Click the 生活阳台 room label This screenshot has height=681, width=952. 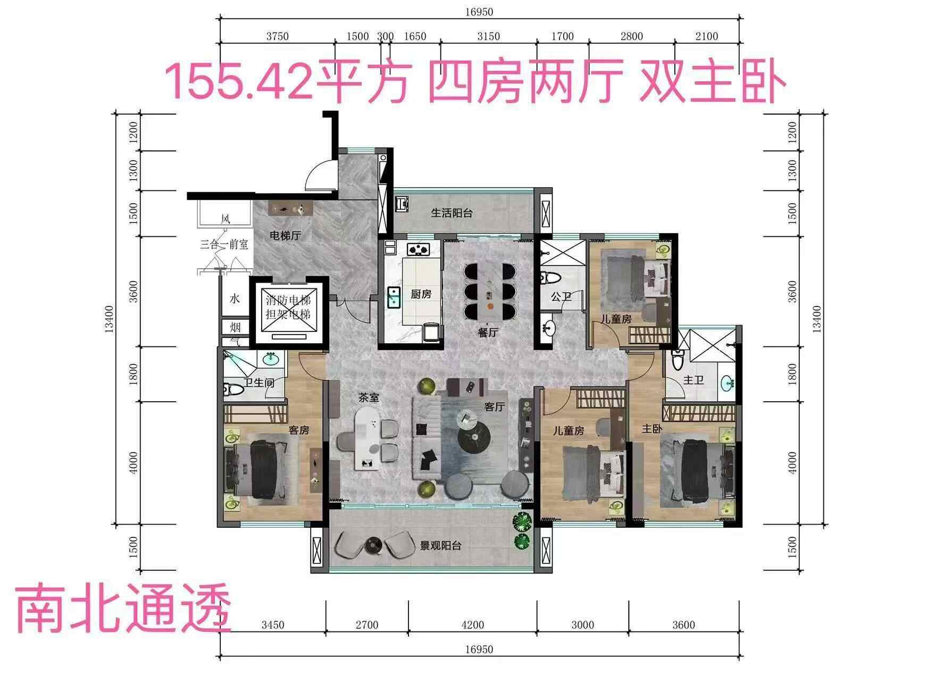point(452,213)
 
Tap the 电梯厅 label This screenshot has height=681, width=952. point(285,235)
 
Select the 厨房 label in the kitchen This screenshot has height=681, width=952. point(421,294)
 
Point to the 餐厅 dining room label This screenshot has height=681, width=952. point(488,333)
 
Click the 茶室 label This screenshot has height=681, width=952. point(369,397)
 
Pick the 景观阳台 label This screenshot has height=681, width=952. point(441,545)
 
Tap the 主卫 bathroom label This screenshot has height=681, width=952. point(694,380)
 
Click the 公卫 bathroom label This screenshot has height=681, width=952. point(561,296)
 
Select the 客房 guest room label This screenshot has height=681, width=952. point(298,430)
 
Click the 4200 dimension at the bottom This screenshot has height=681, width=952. point(472,625)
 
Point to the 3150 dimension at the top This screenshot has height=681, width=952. point(488,36)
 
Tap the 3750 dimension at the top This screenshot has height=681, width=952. point(277,36)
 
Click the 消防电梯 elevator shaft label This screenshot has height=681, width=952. point(288,300)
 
